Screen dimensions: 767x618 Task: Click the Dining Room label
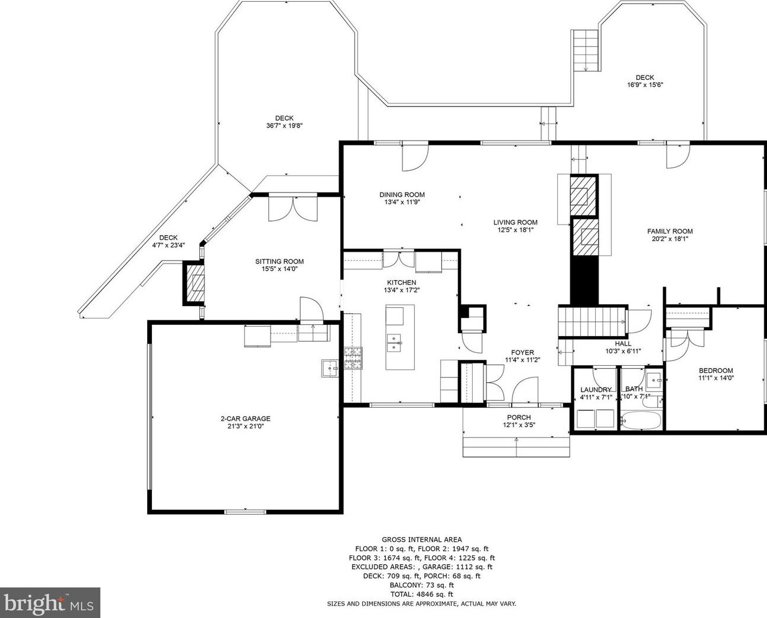pyautogui.click(x=402, y=194)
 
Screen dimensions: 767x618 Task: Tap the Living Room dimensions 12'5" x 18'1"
pyautogui.click(x=515, y=230)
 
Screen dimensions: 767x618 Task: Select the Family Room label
pyautogui.click(x=669, y=231)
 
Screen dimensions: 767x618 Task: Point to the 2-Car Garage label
pyautogui.click(x=246, y=418)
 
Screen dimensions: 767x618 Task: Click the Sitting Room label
pyautogui.click(x=279, y=261)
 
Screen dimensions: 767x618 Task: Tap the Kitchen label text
pyautogui.click(x=402, y=282)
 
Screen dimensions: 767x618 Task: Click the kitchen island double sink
pyautogui.click(x=394, y=343)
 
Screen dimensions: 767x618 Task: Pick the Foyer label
pyautogui.click(x=522, y=353)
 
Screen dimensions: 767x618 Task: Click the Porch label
pyautogui.click(x=519, y=417)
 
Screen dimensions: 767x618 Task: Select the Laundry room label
pyautogui.click(x=596, y=389)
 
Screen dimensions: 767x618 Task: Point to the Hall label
pyautogui.click(x=623, y=344)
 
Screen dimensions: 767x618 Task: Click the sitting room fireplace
pyautogui.click(x=194, y=284)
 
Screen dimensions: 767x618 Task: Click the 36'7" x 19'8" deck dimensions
pyautogui.click(x=284, y=125)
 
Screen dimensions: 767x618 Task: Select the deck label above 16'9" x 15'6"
pyautogui.click(x=645, y=77)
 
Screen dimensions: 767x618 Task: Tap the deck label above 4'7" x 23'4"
pyautogui.click(x=168, y=238)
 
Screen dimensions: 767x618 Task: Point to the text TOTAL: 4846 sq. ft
pyautogui.click(x=422, y=594)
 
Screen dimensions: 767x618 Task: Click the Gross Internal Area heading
pyautogui.click(x=422, y=539)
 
